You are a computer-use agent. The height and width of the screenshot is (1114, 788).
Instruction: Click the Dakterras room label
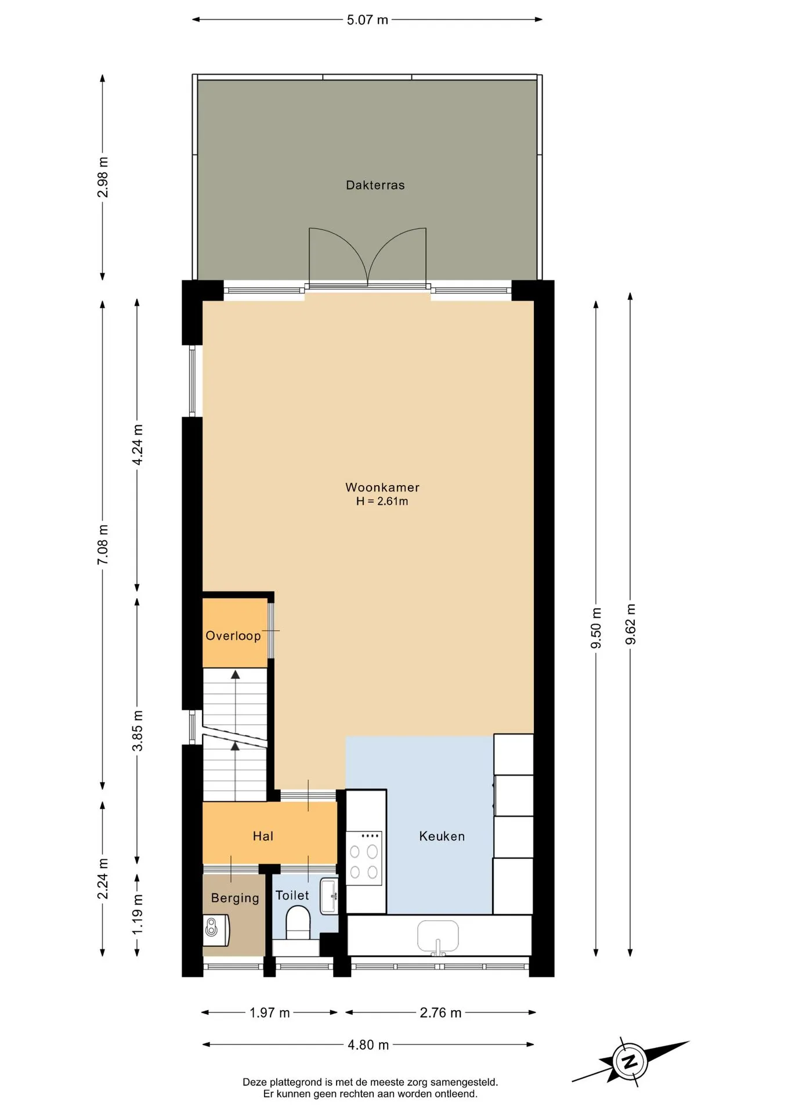375,185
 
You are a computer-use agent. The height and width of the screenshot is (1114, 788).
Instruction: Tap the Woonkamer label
382,487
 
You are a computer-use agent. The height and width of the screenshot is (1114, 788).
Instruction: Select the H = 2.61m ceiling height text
382,501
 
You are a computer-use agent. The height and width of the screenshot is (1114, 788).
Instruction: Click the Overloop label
233,635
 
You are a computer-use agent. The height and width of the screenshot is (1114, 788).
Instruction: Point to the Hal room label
263,836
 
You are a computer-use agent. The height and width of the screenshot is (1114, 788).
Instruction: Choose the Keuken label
442,836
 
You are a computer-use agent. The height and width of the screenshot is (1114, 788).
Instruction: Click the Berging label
235,898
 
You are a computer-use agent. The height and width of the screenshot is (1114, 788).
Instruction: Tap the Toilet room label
292,895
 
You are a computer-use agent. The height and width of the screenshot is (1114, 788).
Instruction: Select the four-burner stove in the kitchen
364,858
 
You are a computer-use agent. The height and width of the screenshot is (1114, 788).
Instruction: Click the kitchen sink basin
438,936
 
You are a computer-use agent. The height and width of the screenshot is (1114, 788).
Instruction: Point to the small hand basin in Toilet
329,896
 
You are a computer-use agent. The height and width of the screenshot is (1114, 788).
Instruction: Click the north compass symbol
630,1062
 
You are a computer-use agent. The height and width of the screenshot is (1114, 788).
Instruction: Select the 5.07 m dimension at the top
367,20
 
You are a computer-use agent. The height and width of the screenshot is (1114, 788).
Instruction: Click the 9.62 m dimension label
631,624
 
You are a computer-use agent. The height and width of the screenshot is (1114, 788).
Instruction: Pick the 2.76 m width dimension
440,1012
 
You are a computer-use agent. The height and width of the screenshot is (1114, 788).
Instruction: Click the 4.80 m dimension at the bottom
368,1045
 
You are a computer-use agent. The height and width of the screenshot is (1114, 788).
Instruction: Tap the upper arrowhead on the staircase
235,674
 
